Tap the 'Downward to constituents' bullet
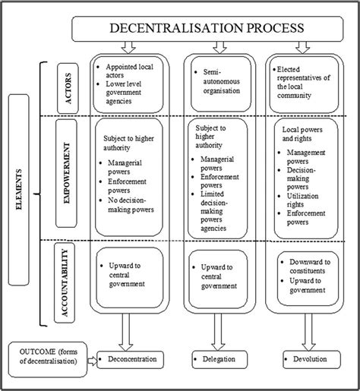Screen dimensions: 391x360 tap(312, 267)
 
